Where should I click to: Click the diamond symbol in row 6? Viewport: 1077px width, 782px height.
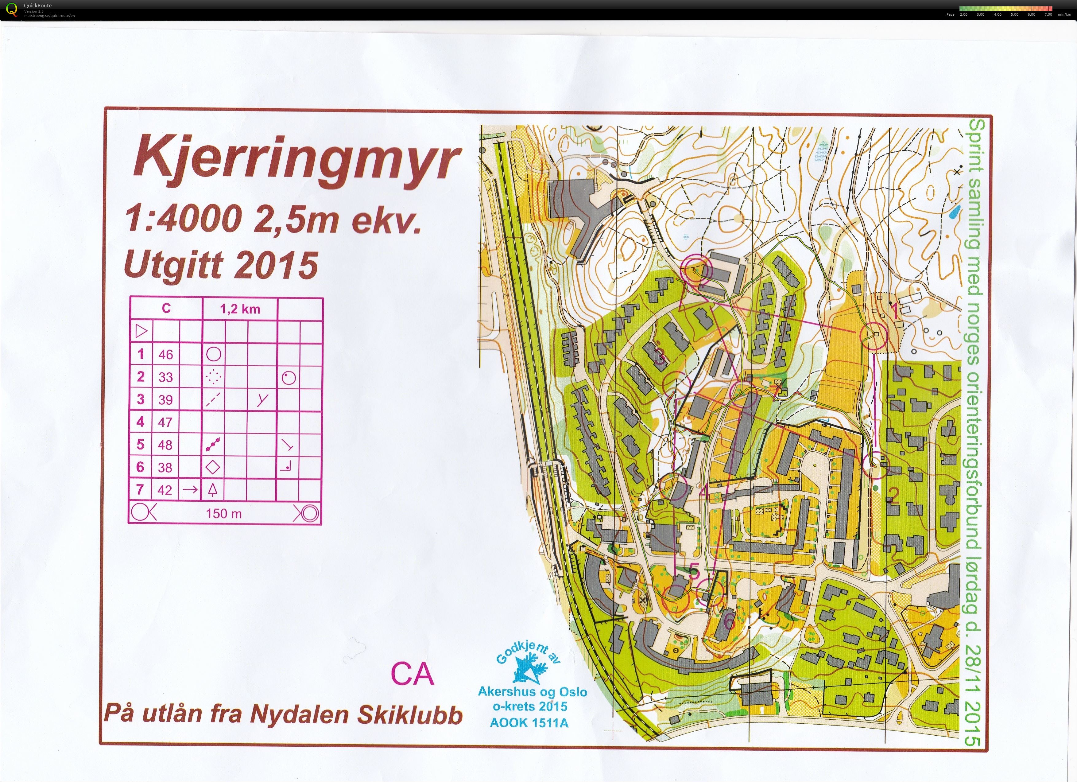point(214,467)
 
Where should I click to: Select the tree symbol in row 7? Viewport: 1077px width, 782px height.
point(213,489)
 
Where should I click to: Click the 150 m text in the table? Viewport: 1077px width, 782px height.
point(224,514)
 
